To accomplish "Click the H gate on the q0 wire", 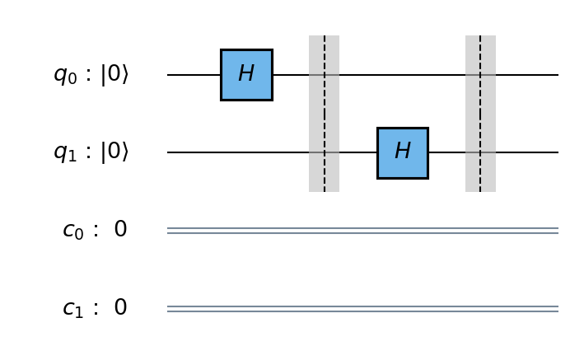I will pos(246,75).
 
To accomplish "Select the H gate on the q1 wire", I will pos(402,152).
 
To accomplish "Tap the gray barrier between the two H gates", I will pos(324,114).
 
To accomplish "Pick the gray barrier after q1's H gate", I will pos(480,114).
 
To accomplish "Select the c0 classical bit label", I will pos(74,231).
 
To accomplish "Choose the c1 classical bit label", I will pos(74,309).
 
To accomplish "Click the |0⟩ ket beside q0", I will pos(114,75).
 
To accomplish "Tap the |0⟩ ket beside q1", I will pos(114,152).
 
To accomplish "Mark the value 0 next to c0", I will pos(120,230).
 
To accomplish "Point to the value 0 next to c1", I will pos(120,308).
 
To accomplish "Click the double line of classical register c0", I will pos(362,231).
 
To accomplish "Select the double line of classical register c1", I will pos(362,309).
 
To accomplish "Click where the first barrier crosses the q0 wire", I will pos(324,75).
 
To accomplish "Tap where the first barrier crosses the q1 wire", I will pos(324,152).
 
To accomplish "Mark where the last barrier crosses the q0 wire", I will pos(480,75).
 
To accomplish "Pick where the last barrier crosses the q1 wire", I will pos(480,152).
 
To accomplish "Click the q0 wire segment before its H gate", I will pos(194,75).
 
